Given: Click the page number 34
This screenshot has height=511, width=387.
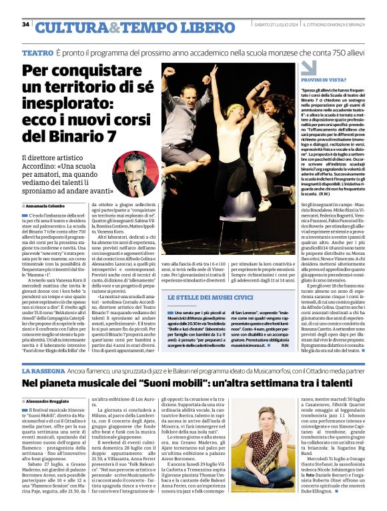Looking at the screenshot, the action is pyautogui.click(x=25, y=24).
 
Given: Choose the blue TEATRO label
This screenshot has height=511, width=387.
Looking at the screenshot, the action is pyautogui.click(x=37, y=52).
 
